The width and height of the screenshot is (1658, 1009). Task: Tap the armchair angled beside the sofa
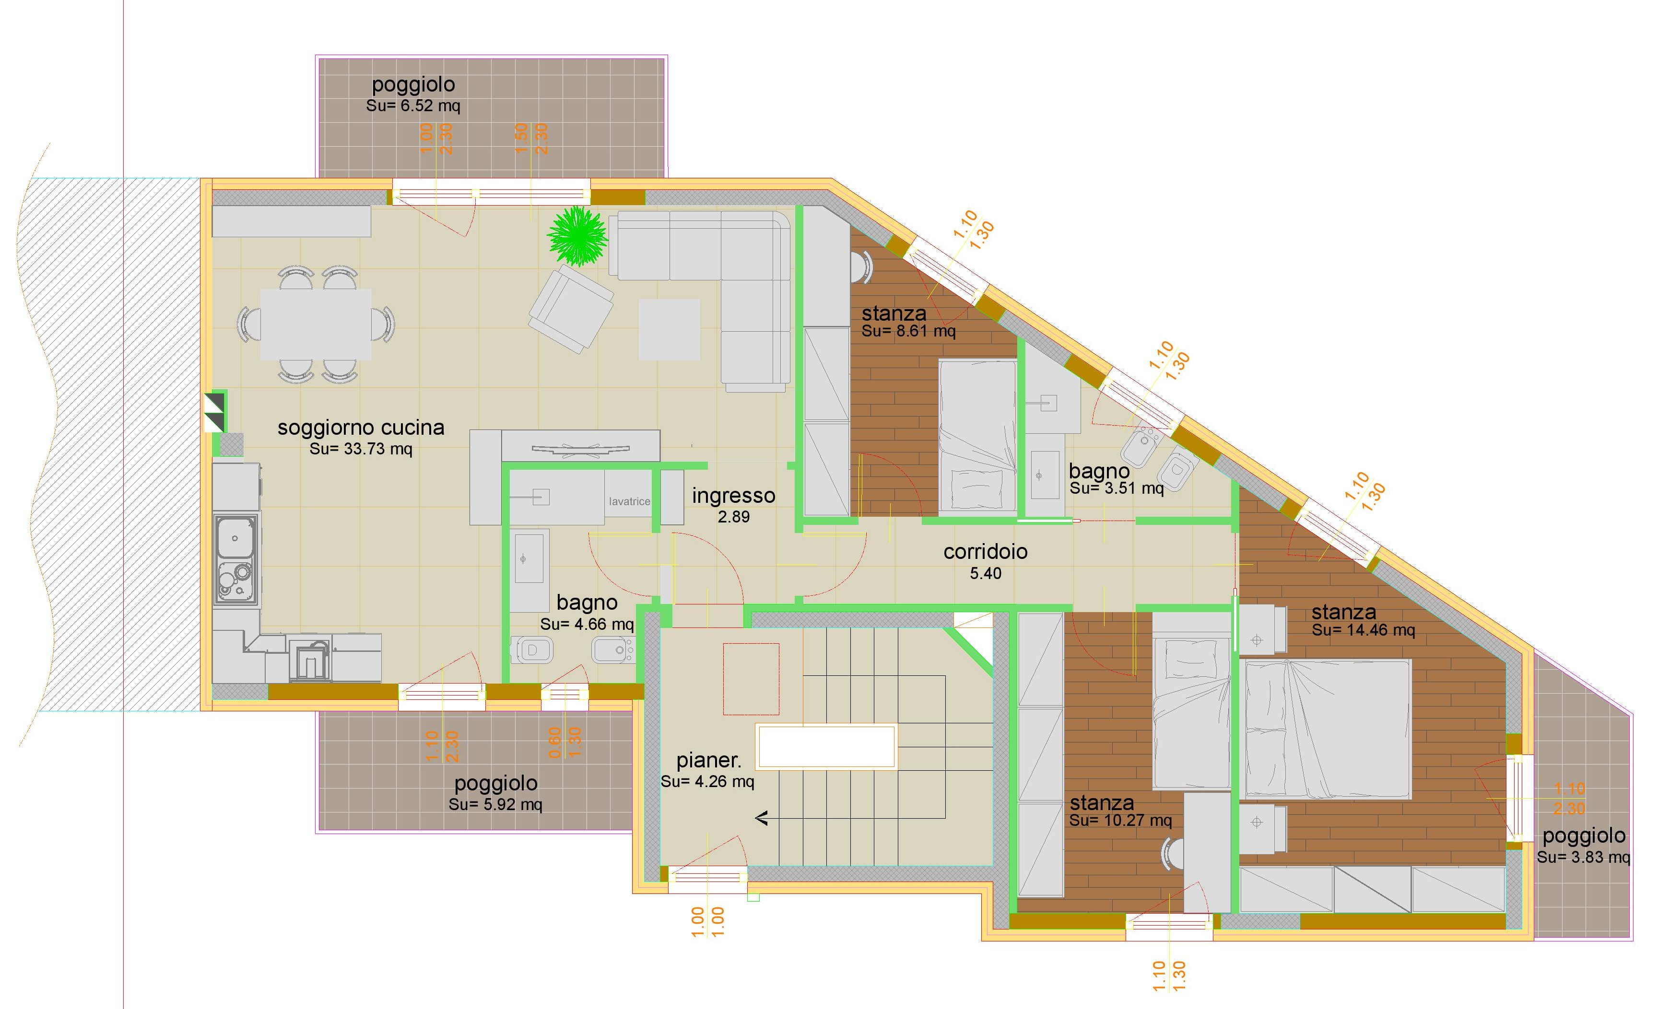pos(571,308)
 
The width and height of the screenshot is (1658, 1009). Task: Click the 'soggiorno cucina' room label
pos(361,428)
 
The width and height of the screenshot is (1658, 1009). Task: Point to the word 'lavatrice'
pos(629,501)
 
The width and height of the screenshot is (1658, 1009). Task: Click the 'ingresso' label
pos(733,496)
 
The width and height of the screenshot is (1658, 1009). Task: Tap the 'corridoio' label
pos(985,552)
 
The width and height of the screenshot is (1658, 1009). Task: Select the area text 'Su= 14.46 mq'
pos(1363,630)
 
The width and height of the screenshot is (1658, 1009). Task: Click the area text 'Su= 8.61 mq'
pos(908,331)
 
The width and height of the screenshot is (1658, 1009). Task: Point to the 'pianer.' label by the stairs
pos(708,761)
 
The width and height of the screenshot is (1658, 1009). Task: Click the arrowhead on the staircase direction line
pos(762,819)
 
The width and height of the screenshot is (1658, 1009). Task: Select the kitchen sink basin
pos(235,537)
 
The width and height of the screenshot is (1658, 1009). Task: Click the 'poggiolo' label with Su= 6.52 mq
pos(413,85)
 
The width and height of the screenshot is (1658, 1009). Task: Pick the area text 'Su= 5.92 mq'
pos(495,804)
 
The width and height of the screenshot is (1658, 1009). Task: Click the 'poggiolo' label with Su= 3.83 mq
pos(1584,836)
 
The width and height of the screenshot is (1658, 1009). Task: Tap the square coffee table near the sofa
pos(669,330)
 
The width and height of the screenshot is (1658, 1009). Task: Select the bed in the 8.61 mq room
pos(977,437)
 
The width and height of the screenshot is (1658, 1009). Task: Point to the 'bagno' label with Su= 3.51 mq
pos(1100,472)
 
